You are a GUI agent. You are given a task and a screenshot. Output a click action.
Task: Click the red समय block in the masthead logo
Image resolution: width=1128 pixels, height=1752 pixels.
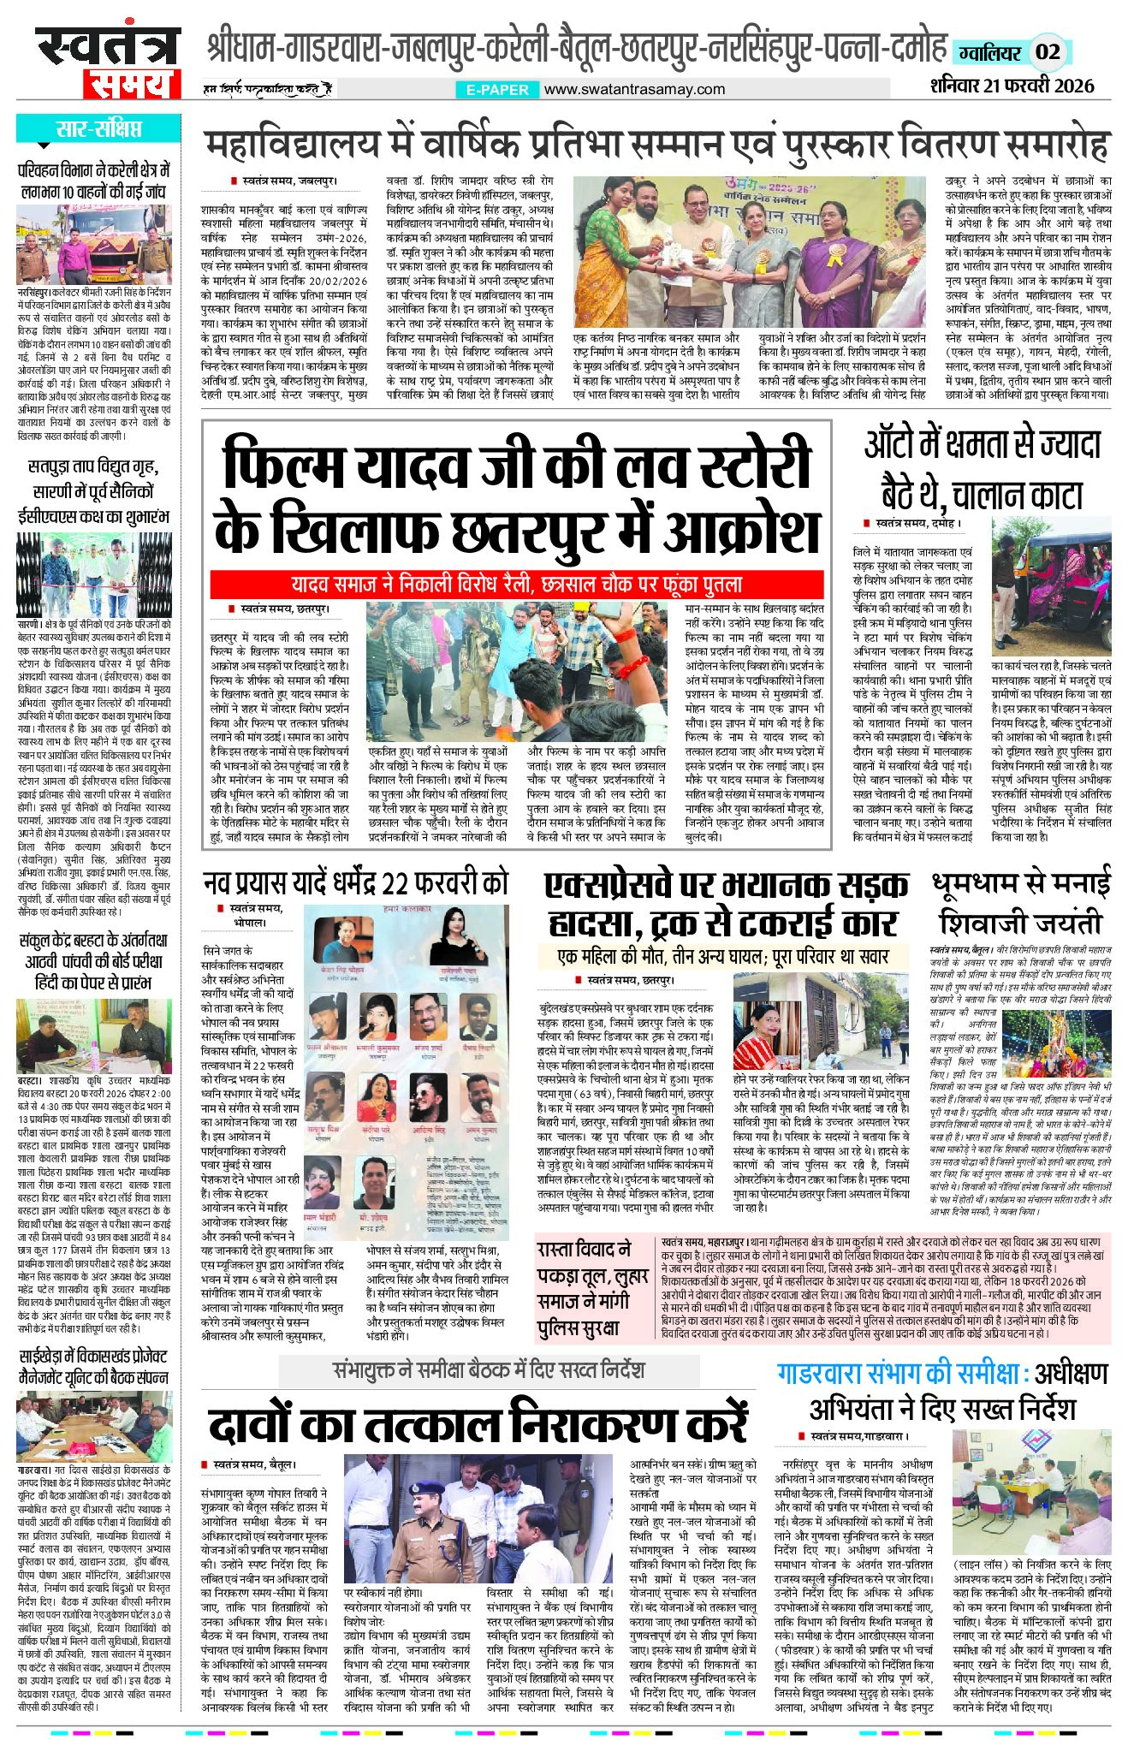(132, 84)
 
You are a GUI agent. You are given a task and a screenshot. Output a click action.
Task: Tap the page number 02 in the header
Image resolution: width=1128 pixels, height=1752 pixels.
(1048, 51)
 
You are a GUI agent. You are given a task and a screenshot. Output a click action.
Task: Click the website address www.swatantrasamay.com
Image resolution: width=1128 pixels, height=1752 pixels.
(634, 89)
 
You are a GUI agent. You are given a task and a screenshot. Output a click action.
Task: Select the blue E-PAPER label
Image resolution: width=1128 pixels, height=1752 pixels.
(497, 89)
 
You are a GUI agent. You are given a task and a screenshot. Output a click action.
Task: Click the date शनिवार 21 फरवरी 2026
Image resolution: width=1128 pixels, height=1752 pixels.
(1012, 86)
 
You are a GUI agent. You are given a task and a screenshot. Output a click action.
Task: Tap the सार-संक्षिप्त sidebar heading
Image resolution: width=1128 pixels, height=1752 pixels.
(98, 129)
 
